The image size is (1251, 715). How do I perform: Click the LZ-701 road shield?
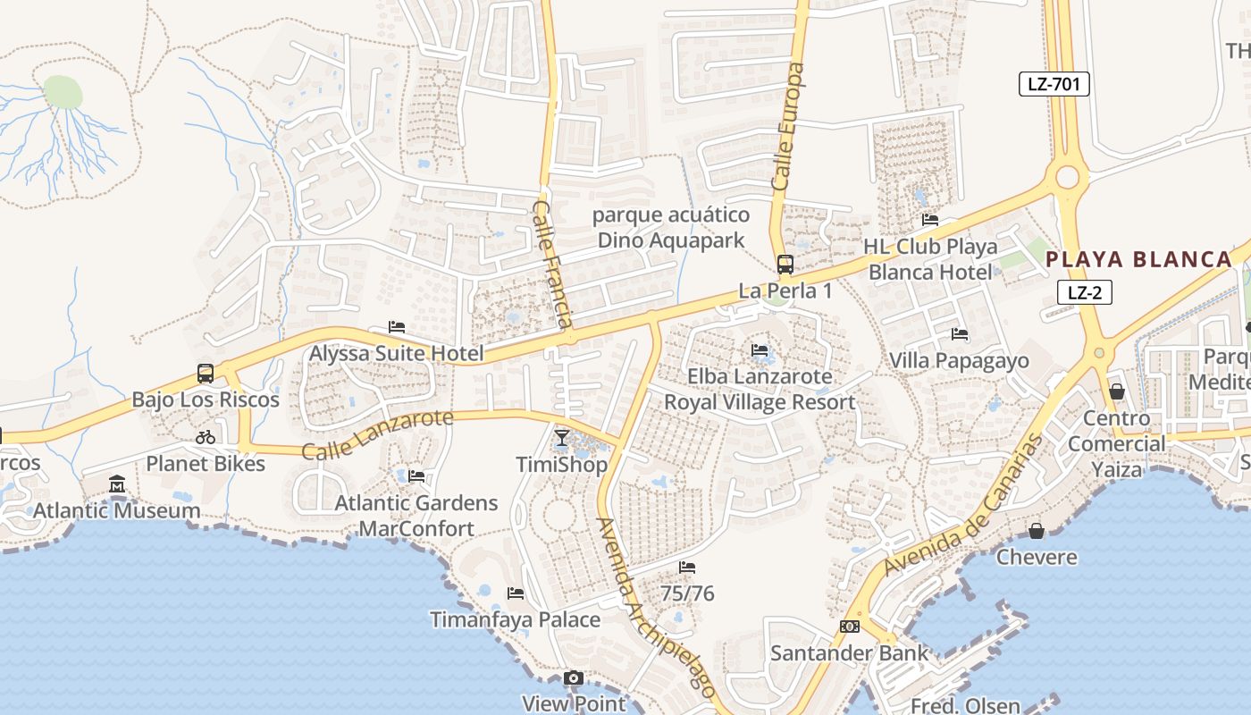[1054, 85]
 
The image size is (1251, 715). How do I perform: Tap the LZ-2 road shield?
[1084, 291]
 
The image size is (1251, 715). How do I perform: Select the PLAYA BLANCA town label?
[1138, 260]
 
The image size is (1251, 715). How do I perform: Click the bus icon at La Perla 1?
[785, 265]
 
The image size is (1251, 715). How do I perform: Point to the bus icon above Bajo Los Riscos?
[206, 374]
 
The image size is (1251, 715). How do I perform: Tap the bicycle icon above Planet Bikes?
[206, 437]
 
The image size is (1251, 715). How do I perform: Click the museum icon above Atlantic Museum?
[117, 484]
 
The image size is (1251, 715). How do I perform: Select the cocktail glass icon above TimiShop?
[562, 437]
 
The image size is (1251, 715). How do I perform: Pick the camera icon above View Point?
[574, 678]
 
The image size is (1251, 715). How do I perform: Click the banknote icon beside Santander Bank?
[849, 627]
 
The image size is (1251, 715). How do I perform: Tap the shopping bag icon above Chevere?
[1037, 531]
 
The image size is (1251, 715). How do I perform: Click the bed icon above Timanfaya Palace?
[515, 593]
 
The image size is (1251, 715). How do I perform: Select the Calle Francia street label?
[552, 264]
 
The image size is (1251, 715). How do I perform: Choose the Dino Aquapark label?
[670, 240]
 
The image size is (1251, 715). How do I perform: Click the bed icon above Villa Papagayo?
[960, 334]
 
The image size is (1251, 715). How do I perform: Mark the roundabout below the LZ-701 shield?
[1067, 176]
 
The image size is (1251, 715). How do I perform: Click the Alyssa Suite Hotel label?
[396, 354]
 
